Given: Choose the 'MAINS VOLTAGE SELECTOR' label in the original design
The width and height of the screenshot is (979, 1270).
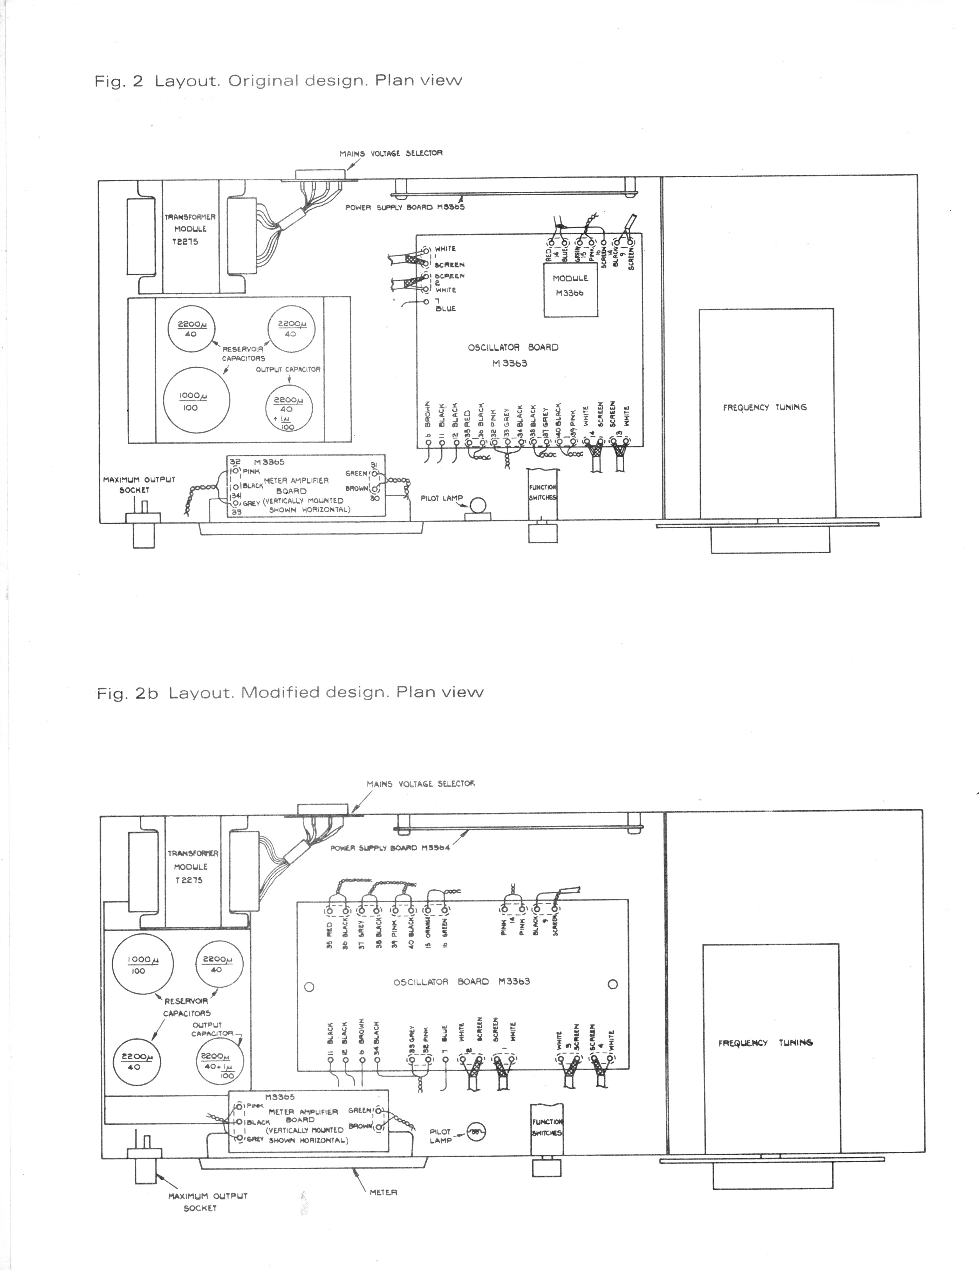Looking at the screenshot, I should point(391,153).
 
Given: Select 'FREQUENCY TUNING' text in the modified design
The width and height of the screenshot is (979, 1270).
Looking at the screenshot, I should point(765,1043).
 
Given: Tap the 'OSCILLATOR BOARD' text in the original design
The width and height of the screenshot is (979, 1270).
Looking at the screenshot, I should point(512,348).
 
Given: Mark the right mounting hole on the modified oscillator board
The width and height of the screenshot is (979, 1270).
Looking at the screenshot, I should point(612,985).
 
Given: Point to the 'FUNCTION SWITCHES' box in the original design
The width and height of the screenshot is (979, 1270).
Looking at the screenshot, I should point(542,493).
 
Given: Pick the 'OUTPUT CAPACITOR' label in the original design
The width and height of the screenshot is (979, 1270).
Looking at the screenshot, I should point(288,370).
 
